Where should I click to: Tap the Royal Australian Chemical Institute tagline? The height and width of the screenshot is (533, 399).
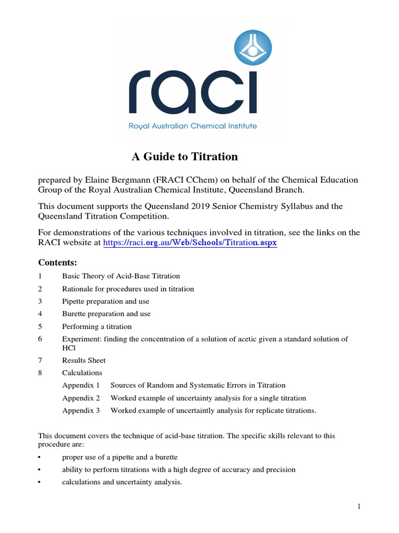coord(193,126)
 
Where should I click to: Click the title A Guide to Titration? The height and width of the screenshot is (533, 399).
coord(183,157)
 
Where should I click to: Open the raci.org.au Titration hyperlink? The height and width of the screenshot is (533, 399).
coord(190,243)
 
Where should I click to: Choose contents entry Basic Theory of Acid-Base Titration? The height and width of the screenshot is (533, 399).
coord(121,276)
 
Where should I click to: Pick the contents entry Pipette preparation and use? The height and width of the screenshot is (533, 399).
coord(105,301)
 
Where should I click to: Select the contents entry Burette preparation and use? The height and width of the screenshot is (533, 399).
coord(107,314)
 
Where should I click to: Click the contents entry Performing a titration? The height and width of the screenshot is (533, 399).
coord(97,326)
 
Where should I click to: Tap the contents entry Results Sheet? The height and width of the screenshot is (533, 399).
coord(84,360)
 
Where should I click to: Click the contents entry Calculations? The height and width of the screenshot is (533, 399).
coord(82,373)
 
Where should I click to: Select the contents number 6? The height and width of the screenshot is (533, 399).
coord(40,339)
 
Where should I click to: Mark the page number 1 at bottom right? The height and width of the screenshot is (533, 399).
coord(358,507)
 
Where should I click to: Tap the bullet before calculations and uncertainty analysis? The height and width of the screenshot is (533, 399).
coord(40,482)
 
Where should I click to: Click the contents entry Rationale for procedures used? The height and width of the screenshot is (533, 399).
coord(128,289)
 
